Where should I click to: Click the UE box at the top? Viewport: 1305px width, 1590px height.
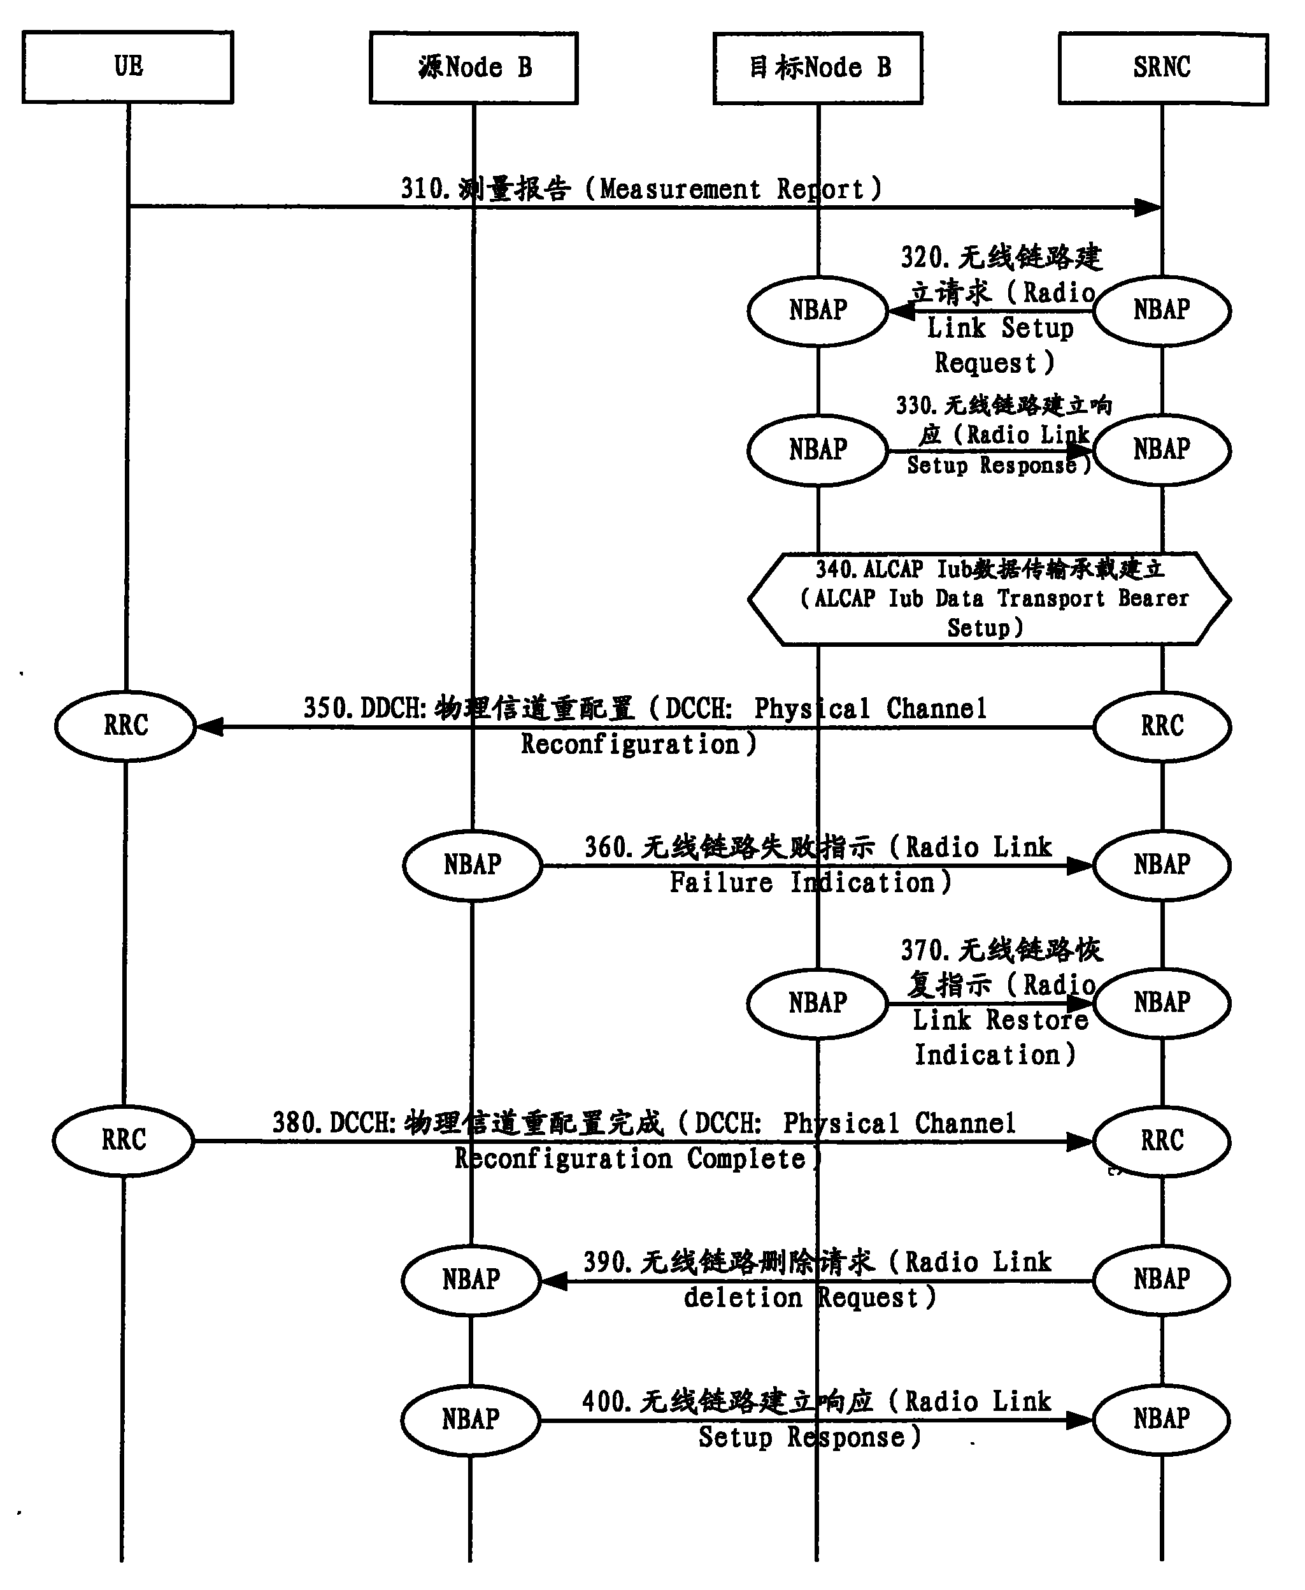click(x=128, y=67)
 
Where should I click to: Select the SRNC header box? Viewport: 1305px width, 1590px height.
click(x=1162, y=68)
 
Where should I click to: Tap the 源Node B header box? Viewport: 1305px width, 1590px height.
click(x=474, y=68)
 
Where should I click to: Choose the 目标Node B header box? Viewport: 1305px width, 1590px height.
click(x=818, y=68)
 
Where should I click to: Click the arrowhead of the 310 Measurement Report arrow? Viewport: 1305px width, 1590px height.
click(x=1147, y=208)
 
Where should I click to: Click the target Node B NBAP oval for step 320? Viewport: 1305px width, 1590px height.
click(x=818, y=310)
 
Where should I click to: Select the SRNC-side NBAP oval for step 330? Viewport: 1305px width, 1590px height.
click(x=1162, y=450)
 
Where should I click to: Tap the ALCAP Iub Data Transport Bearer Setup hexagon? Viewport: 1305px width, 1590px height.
click(x=989, y=598)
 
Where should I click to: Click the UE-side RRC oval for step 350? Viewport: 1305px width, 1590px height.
click(x=125, y=726)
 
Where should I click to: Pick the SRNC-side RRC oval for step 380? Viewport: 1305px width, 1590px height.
click(x=1162, y=1141)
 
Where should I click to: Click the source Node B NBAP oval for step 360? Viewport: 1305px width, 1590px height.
click(x=472, y=865)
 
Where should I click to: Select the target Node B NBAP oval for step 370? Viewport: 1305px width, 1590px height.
click(x=818, y=1003)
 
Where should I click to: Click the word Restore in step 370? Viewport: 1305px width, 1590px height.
click(x=1038, y=1021)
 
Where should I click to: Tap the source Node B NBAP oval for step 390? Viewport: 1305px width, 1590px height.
click(x=471, y=1280)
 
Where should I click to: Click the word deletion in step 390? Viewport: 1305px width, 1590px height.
click(x=743, y=1298)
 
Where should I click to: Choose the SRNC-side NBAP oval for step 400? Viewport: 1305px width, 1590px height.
click(x=1162, y=1419)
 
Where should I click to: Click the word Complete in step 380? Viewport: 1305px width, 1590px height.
click(x=746, y=1159)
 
